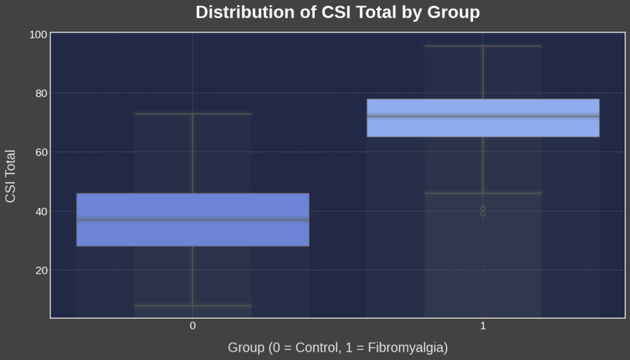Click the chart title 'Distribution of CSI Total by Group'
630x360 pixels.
pos(337,13)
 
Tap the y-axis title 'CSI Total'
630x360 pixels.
pos(10,176)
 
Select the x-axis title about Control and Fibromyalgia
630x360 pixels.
pos(337,347)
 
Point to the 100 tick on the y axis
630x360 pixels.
pos(38,34)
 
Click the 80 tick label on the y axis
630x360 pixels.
pos(38,93)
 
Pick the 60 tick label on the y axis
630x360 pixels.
pos(38,152)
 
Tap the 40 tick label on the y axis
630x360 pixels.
pos(38,212)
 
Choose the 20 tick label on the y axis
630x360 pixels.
pos(38,270)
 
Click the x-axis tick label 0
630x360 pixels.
pos(192,326)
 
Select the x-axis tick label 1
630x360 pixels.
pos(483,326)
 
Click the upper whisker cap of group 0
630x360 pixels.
pos(192,113)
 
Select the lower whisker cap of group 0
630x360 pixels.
pos(192,305)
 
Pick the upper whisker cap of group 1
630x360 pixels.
pos(483,46)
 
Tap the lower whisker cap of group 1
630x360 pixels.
pos(483,193)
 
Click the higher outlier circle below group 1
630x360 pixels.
pos(483,208)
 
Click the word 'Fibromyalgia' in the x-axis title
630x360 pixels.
pos(409,347)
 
